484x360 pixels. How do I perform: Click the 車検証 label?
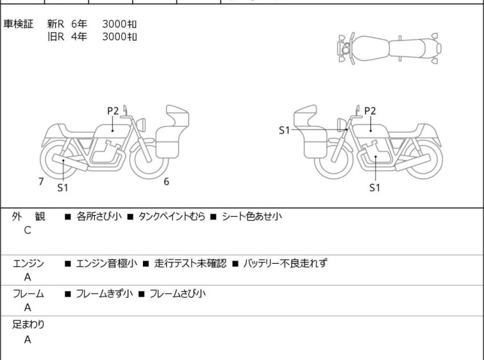18,24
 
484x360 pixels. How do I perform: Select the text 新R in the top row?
56,24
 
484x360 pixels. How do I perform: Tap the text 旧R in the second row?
56,37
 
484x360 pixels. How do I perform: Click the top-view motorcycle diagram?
390,49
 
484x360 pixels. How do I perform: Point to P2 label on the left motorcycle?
113,110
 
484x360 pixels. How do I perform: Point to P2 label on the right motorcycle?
370,110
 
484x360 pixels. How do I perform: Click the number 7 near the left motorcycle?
41,182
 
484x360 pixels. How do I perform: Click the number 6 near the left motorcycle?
167,182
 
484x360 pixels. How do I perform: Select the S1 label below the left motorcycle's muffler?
63,187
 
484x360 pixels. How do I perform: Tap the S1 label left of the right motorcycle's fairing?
284,130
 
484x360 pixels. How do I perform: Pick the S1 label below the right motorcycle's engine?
375,187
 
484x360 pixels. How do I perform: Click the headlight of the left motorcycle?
141,125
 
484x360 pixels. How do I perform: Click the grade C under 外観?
28,230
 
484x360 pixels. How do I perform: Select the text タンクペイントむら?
172,216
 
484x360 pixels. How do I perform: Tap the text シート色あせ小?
252,216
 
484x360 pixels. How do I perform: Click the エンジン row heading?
28,263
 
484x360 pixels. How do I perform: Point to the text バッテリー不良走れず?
285,263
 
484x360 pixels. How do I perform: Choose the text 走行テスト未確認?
190,263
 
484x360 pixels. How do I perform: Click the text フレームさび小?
178,293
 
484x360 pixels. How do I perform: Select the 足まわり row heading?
28,325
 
